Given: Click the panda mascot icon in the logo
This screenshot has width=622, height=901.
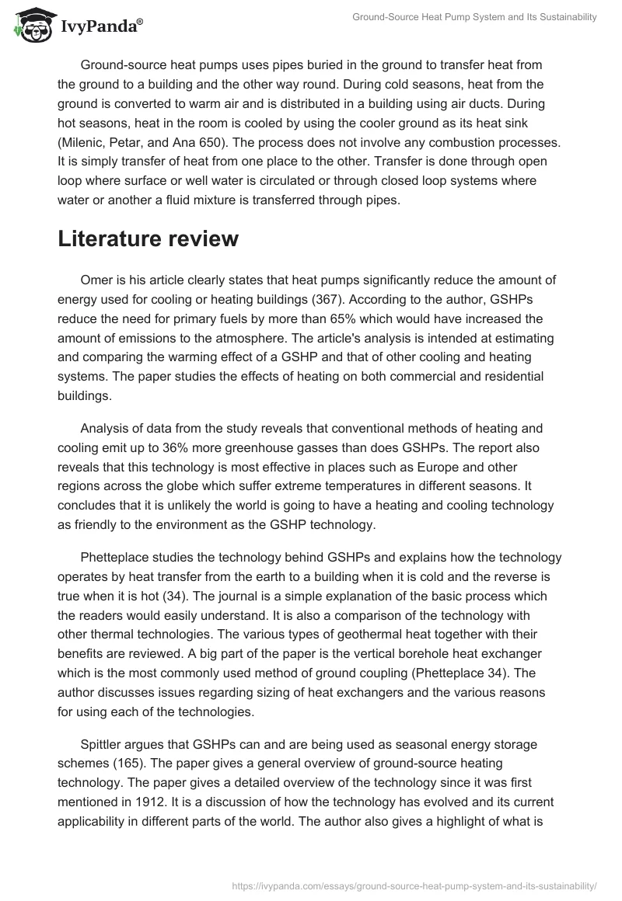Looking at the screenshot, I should [30, 25].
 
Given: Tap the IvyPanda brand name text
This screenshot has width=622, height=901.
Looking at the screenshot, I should [101, 26].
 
